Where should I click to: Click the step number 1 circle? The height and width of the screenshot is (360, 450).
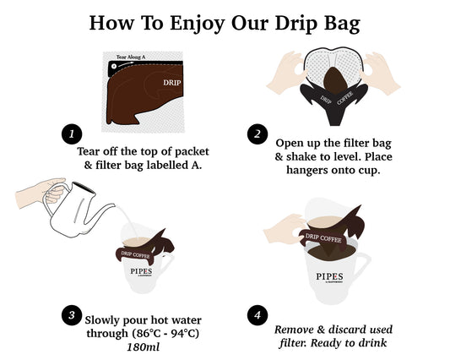[72, 134]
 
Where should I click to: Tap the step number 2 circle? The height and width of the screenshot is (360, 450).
[255, 134]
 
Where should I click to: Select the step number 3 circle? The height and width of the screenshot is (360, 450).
[72, 314]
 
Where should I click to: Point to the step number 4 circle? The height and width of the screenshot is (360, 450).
[255, 314]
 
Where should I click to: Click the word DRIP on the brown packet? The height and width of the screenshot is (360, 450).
[172, 83]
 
